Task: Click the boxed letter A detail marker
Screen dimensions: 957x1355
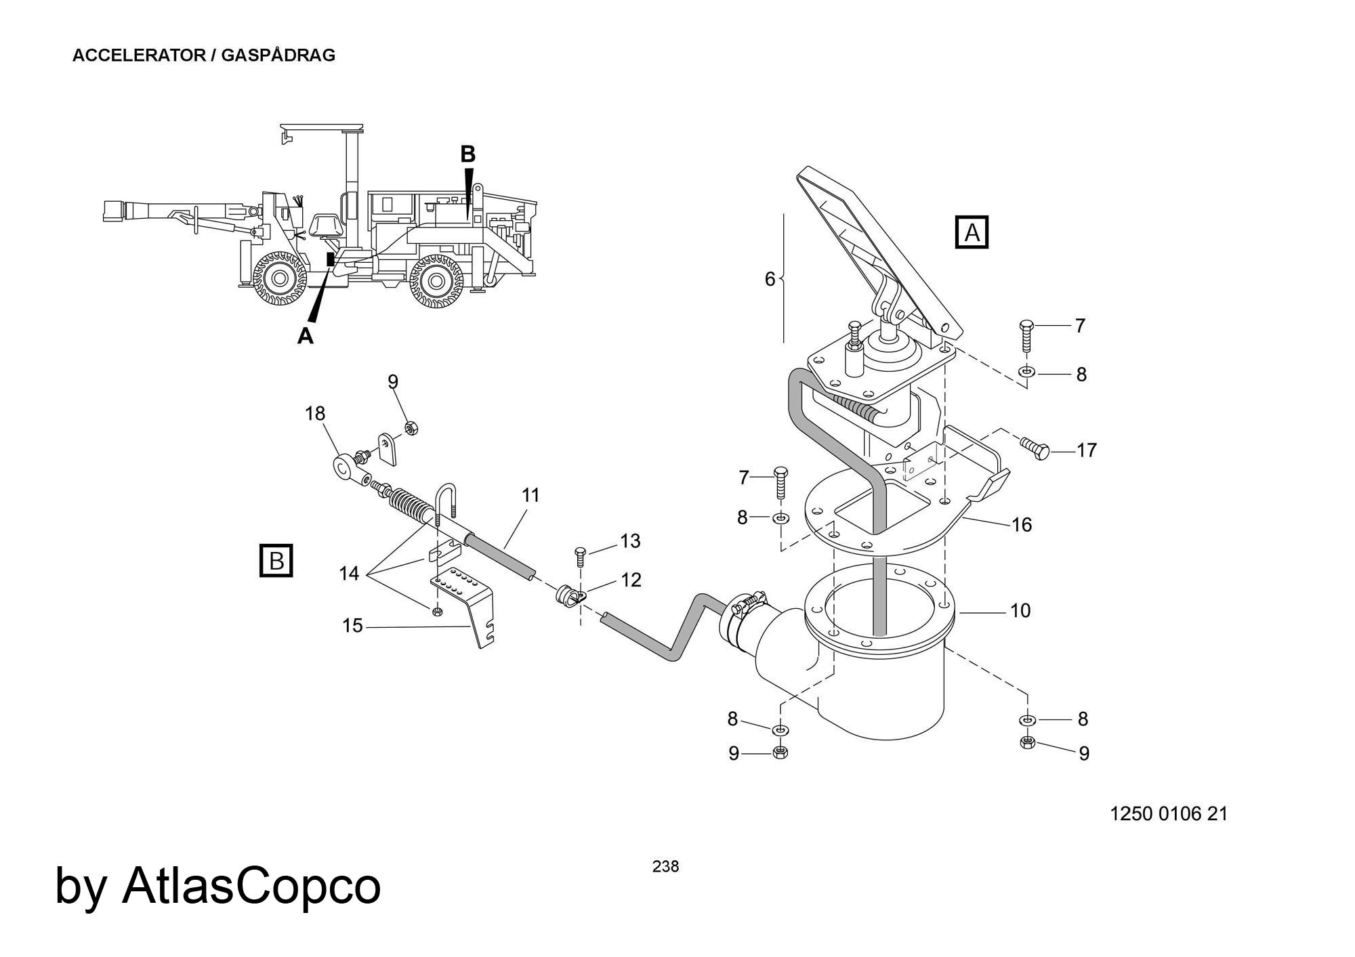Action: [972, 232]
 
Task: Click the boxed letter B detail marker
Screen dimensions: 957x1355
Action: [276, 561]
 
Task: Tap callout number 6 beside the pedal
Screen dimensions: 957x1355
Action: [770, 279]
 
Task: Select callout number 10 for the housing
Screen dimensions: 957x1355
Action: [1020, 611]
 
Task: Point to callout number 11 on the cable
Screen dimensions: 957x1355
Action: [530, 495]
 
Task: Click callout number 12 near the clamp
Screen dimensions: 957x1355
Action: [631, 580]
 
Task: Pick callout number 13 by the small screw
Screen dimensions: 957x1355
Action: [630, 541]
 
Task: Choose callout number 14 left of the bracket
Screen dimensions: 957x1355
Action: [349, 574]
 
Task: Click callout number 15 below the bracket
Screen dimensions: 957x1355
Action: [352, 626]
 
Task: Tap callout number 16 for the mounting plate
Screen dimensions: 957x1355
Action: [1021, 524]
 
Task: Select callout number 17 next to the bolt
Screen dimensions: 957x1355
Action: [1086, 450]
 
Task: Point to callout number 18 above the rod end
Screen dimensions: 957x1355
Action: [315, 413]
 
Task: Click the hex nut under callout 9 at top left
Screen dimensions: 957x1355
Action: [410, 427]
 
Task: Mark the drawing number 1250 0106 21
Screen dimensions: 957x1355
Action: [1169, 813]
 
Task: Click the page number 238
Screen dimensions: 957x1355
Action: [665, 866]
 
